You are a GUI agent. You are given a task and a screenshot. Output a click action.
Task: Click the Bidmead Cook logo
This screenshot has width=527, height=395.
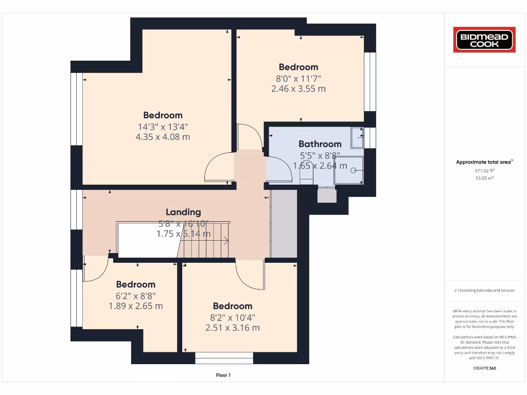pos(484,40)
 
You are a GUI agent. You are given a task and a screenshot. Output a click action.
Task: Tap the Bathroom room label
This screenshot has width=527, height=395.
pos(320,144)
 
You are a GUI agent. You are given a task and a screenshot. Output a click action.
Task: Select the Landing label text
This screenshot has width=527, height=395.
pos(183,212)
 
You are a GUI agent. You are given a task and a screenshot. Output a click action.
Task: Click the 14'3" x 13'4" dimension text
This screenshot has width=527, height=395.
pos(163,127)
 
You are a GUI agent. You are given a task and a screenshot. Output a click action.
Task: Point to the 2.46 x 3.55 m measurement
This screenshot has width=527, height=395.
pos(298,88)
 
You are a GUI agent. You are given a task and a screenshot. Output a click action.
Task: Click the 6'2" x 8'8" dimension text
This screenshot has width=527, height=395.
pos(135,295)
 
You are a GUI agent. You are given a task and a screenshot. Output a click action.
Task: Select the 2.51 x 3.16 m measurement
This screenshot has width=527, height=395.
pos(232,328)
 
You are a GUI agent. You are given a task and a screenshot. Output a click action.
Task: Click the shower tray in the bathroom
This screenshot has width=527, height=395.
pos(348,170)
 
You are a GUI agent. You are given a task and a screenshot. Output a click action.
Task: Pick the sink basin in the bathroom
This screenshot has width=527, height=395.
pos(357,137)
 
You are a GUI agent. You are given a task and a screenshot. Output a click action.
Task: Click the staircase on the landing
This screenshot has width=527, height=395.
pos(205,240)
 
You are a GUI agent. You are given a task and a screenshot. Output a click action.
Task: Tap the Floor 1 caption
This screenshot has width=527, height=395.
pos(223,375)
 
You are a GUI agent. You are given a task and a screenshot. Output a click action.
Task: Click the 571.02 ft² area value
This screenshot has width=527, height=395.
pos(484,170)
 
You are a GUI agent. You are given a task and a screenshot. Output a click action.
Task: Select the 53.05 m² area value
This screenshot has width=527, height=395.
pos(484,178)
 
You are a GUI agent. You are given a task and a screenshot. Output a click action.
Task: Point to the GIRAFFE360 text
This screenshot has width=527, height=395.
pos(484,368)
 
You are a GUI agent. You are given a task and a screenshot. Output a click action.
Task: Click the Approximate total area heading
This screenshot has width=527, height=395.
pos(484,162)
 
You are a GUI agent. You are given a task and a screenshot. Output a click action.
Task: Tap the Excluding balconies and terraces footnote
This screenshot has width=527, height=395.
pos(484,291)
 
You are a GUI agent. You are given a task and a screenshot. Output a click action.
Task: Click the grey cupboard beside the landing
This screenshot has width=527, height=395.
pos(284,223)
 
